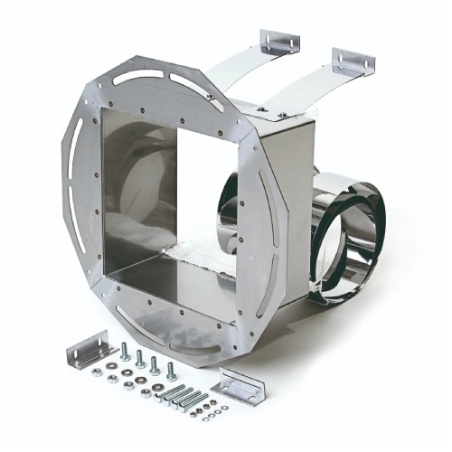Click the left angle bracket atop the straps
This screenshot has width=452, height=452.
[x=279, y=42]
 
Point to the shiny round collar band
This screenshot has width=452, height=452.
[x=348, y=235]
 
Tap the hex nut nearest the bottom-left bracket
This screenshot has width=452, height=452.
[x=111, y=365]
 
